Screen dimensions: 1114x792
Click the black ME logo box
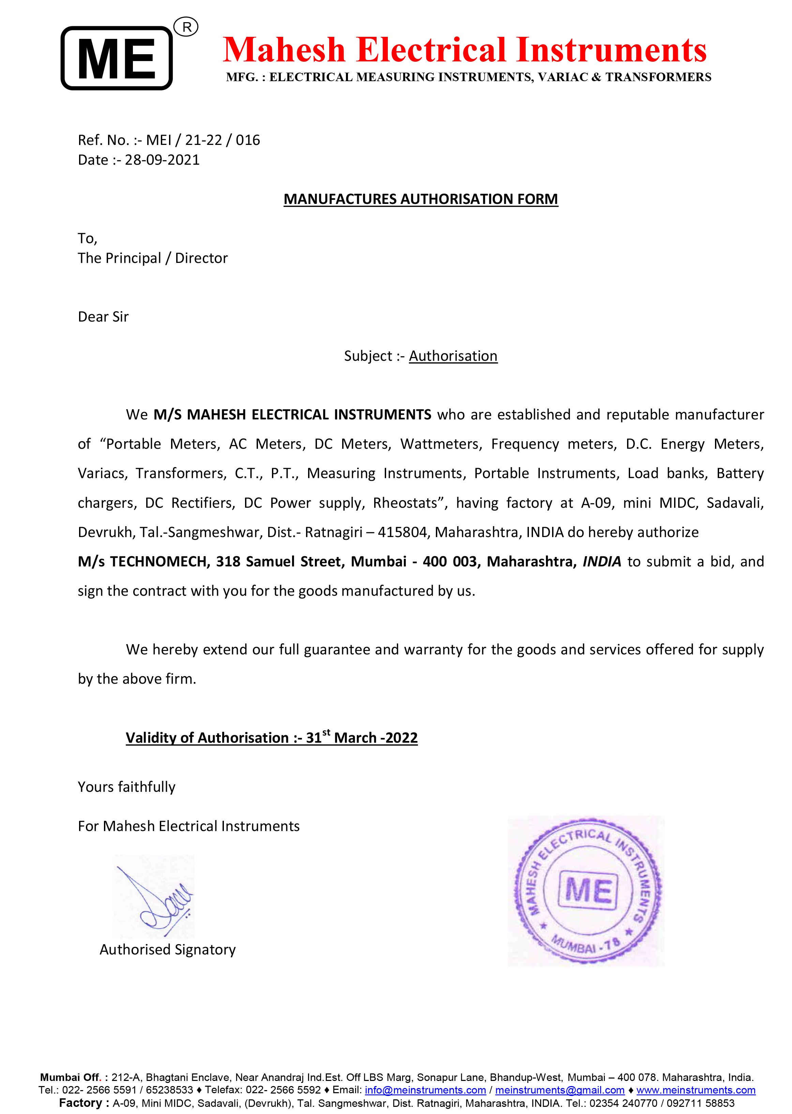click(117, 58)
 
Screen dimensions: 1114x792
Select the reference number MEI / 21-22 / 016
click(203, 140)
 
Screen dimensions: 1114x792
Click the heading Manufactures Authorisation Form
click(421, 199)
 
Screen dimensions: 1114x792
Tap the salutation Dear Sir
click(103, 317)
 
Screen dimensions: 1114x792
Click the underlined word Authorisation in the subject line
click(453, 356)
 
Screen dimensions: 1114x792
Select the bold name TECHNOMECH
click(159, 562)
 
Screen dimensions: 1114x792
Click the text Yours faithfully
click(126, 787)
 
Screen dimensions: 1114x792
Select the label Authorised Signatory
click(167, 950)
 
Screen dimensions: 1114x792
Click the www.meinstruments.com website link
click(696, 1090)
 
